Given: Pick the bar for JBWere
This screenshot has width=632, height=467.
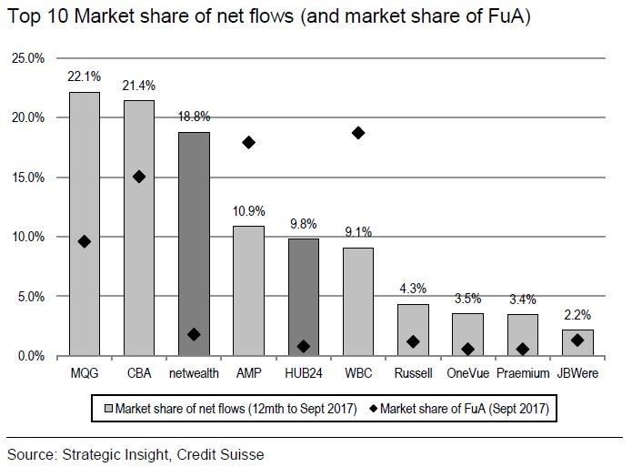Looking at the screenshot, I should [577, 342].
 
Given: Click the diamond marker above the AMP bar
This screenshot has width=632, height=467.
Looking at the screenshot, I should [248, 143].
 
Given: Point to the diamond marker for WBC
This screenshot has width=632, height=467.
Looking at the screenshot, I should [358, 133].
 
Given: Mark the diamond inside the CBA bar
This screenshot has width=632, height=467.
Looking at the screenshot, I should [138, 177].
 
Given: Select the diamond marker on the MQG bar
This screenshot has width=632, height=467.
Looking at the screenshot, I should [84, 241].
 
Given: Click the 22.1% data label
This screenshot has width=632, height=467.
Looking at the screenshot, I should [84, 78].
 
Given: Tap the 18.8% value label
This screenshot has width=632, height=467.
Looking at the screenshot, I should [193, 117].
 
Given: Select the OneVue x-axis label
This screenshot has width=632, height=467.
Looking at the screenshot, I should [467, 373].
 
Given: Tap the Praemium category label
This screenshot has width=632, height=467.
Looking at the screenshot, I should [523, 373].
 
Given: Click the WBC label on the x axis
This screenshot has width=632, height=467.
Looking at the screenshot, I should [358, 373].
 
